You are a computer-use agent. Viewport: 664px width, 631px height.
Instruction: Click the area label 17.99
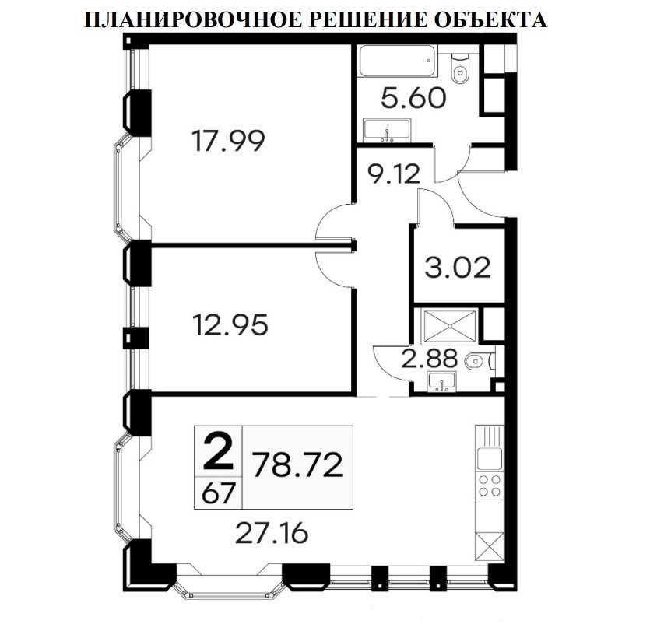(x=228, y=141)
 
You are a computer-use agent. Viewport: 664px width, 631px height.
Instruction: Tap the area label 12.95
(x=231, y=323)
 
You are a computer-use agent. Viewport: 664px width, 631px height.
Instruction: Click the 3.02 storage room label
(x=458, y=268)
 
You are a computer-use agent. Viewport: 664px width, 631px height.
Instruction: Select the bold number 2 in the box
(x=218, y=450)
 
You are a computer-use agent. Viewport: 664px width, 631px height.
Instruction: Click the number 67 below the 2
(x=217, y=492)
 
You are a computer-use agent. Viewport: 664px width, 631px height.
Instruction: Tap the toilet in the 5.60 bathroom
(x=461, y=68)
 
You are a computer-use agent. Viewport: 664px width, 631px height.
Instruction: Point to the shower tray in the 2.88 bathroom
(x=448, y=324)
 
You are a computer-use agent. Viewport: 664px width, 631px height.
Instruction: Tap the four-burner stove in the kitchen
(x=489, y=486)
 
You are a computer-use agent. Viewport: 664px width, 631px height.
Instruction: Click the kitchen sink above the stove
(x=489, y=458)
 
